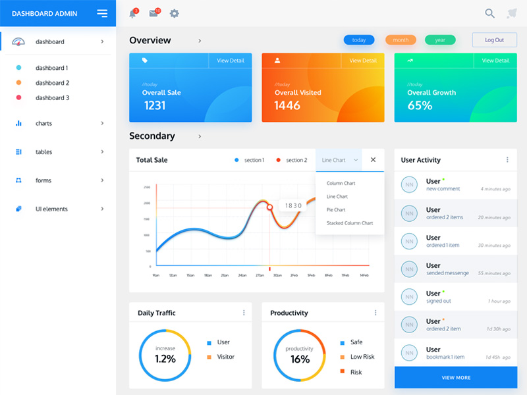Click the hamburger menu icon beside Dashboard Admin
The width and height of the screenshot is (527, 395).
(102, 13)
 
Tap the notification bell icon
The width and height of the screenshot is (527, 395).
(132, 13)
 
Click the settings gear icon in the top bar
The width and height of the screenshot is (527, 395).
(174, 13)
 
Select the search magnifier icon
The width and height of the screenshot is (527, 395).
(489, 13)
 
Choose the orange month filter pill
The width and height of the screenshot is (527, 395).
(401, 40)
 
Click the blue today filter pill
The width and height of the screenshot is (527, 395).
(359, 40)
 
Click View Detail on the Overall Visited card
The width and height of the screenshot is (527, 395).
(363, 61)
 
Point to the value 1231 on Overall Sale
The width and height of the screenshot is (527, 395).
(155, 105)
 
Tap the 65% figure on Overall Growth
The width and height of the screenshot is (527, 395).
(420, 105)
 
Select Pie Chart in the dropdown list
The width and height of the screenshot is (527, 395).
(336, 210)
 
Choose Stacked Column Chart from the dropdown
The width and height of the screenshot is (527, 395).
(350, 223)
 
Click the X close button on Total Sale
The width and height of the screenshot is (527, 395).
(373, 160)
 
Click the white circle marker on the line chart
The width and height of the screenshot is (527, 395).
(269, 207)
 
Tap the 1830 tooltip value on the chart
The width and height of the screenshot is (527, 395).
(293, 205)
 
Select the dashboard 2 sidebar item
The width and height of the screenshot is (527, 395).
(52, 83)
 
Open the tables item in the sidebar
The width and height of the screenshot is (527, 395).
(43, 152)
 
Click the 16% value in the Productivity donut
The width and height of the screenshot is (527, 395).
(300, 359)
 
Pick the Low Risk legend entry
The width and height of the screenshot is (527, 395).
(362, 357)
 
